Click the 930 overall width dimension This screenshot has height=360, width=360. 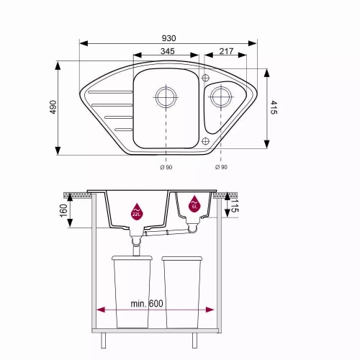(x=168, y=38)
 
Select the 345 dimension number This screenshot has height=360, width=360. (x=168, y=51)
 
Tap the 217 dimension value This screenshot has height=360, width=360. (x=226, y=51)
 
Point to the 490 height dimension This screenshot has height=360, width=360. (x=53, y=107)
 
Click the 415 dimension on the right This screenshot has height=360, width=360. (x=274, y=107)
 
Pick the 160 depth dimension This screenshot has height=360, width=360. (x=63, y=210)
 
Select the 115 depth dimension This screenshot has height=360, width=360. (x=235, y=205)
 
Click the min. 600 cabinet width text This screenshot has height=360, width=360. (x=147, y=304)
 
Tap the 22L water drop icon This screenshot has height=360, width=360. (x=137, y=211)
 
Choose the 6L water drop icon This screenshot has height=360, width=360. (x=194, y=204)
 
